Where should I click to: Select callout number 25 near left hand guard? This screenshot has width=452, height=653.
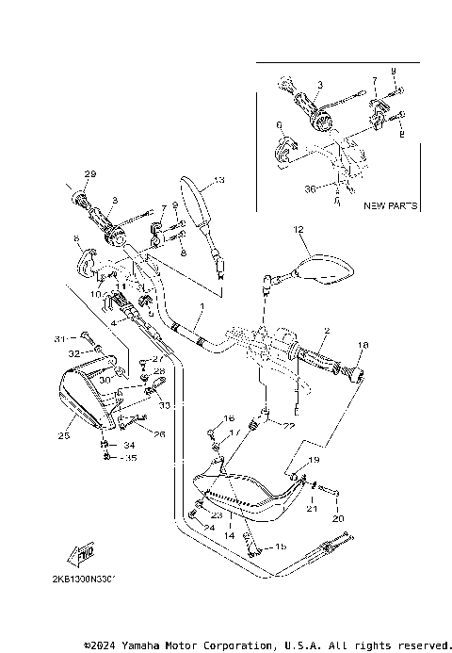[64, 436]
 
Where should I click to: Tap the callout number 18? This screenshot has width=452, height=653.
[363, 346]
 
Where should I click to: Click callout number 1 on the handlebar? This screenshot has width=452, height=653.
[200, 307]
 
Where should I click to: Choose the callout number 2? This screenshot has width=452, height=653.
[326, 331]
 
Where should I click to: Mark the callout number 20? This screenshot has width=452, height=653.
[339, 519]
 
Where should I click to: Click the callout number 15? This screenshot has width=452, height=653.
[280, 547]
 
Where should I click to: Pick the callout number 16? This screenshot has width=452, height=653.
[229, 418]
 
